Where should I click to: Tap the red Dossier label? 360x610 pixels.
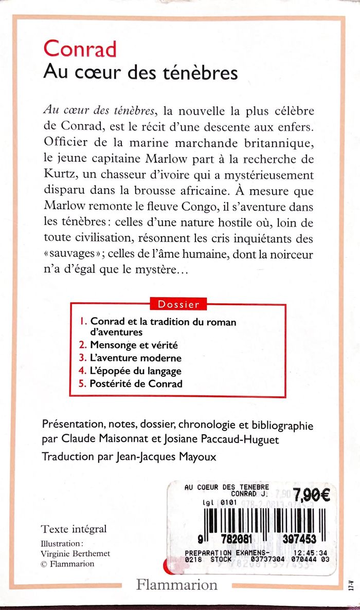pyautogui.click(x=178, y=304)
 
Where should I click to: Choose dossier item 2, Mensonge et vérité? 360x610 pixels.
pyautogui.click(x=134, y=345)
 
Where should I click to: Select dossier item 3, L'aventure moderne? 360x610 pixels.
pyautogui.click(x=136, y=358)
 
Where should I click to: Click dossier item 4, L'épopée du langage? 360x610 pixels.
pyautogui.click(x=136, y=371)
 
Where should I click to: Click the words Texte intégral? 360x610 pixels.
pyautogui.click(x=74, y=529)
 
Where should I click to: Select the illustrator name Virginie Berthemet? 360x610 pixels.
pyautogui.click(x=75, y=553)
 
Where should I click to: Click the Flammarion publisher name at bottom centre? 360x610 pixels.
pyautogui.click(x=177, y=585)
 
